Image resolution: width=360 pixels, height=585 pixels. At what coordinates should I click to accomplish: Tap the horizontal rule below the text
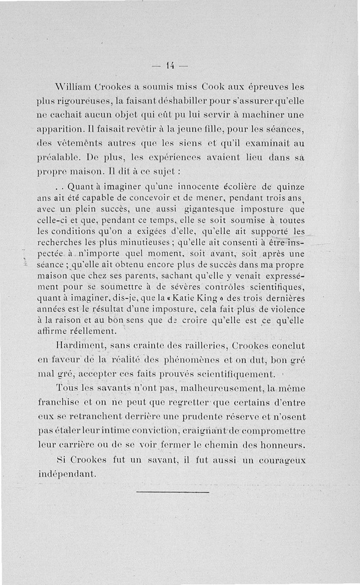coord(173,492)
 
